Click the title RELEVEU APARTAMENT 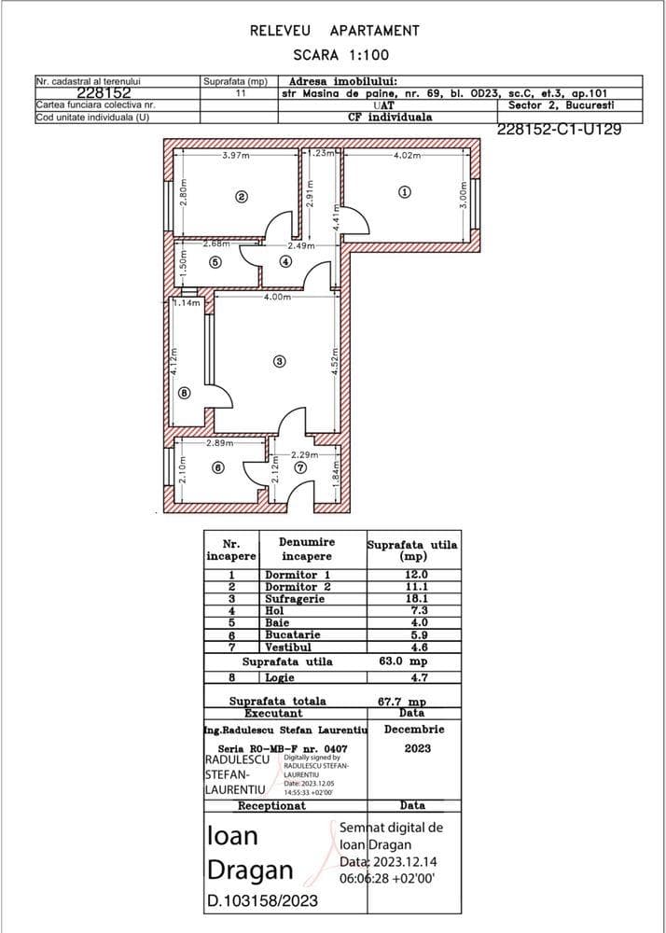[x=334, y=31]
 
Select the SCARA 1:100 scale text [x=333, y=55]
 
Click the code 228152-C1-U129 [x=560, y=130]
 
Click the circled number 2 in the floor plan [x=241, y=197]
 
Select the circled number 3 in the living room [x=278, y=361]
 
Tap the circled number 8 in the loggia [x=184, y=394]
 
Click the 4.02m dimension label [x=408, y=155]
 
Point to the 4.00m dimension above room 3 [x=276, y=298]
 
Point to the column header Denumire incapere [x=306, y=549]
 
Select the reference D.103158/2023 [x=262, y=900]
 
